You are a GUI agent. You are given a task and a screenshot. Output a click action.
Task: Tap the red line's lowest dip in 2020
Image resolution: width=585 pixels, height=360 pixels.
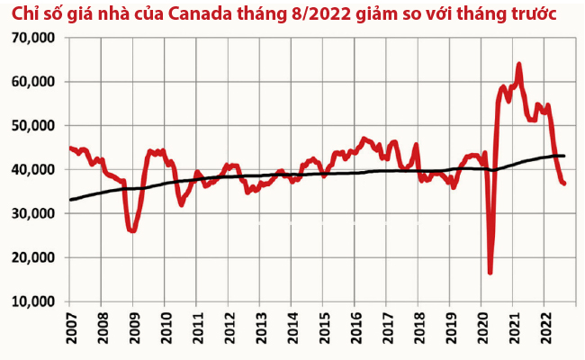point(490,272)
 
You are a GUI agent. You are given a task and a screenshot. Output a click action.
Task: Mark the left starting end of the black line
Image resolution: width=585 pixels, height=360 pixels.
point(71,200)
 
